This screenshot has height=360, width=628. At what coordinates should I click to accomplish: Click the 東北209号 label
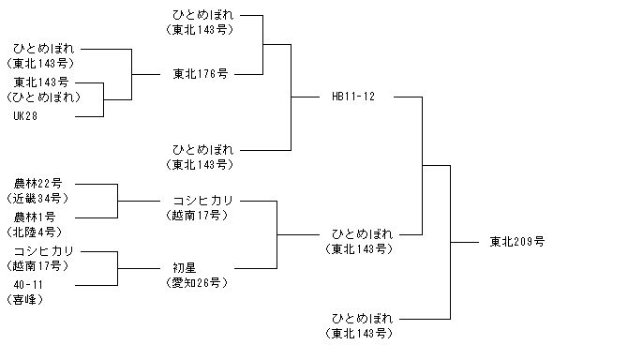coord(517,242)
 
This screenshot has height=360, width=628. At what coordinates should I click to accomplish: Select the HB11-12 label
coord(353,97)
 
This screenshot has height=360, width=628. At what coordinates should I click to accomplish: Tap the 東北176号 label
coord(201,74)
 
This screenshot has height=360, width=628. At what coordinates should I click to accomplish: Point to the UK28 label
coord(25,116)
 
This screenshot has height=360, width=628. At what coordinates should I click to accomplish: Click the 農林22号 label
coord(38,184)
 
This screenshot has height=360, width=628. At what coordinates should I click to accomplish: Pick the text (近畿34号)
coord(38,199)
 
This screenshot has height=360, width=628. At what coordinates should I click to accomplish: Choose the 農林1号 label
coord(35,217)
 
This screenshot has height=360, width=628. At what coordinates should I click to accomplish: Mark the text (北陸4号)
coord(35,232)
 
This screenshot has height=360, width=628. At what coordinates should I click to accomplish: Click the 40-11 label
coord(28,285)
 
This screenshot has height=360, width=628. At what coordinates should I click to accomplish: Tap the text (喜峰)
coord(24,300)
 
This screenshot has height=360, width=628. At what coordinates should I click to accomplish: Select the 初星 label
coord(185,268)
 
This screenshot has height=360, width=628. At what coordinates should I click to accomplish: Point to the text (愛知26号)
coord(197,283)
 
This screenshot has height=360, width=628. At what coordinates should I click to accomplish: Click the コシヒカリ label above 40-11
coord(44,251)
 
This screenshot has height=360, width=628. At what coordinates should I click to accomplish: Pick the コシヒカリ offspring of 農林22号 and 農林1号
coord(203,201)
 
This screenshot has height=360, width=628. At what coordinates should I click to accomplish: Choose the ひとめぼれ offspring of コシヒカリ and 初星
coord(362,234)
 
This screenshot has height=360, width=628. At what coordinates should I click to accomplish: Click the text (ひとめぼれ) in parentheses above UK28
coord(44,97)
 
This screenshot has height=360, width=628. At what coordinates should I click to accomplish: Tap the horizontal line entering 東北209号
coord(465,242)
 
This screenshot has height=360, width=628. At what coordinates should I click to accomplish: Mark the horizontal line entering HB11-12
coord(306,97)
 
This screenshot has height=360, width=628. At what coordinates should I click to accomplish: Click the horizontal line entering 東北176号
coord(146,74)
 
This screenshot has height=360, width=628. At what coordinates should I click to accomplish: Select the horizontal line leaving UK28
coord(89,116)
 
